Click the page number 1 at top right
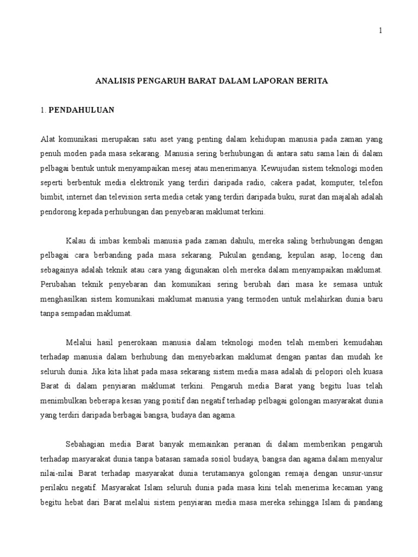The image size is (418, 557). [x=381, y=30]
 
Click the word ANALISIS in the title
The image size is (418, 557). [x=115, y=82]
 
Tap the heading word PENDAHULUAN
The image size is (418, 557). [x=82, y=110]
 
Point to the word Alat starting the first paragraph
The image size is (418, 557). [x=48, y=139]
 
